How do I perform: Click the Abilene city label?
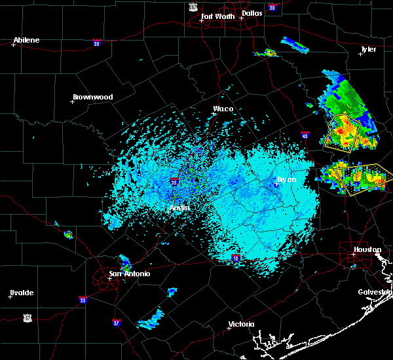click(x=26, y=40)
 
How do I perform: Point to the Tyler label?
click(x=369, y=49)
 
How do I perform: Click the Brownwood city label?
click(x=92, y=97)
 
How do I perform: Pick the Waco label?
click(x=223, y=109)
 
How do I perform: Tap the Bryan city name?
click(x=286, y=179)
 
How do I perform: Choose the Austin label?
click(x=179, y=207)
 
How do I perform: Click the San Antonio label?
click(x=130, y=273)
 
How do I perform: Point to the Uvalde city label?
click(x=22, y=293)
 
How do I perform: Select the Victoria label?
click(x=240, y=324)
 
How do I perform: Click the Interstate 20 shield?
click(x=96, y=43)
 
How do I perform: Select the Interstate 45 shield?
click(x=305, y=135)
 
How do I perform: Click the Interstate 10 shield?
click(x=235, y=259)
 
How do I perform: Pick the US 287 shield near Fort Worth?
click(x=193, y=6)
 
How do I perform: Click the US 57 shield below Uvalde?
click(x=28, y=317)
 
